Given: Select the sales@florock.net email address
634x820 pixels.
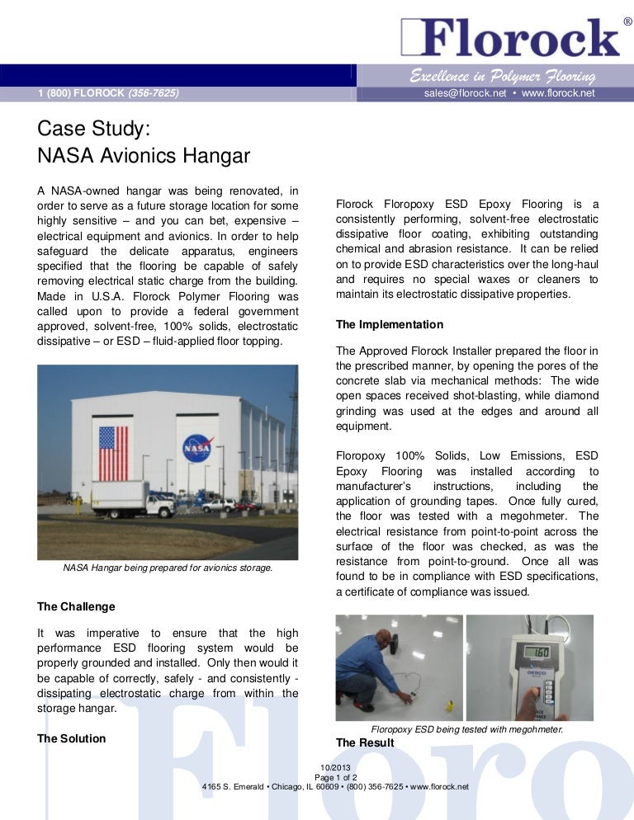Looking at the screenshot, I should point(462,93).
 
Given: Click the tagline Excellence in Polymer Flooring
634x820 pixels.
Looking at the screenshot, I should point(503,77).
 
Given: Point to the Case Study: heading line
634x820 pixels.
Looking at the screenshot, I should point(93,130).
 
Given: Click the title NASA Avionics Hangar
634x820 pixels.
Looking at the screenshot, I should point(144,155).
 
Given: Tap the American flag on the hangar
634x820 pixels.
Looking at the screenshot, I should point(113,453).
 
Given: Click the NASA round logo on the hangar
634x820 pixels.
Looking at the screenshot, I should point(197,449).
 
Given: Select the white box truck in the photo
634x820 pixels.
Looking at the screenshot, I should point(132,500).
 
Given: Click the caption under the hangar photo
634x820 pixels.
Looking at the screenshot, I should point(168,568).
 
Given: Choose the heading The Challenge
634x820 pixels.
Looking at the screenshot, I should point(77,606).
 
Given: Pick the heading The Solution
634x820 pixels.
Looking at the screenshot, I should point(72,738).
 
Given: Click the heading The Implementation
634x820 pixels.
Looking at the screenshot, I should point(390,324).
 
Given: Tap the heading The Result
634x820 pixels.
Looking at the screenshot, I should point(365,742).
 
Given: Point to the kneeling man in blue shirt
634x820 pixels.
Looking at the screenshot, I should point(368,664).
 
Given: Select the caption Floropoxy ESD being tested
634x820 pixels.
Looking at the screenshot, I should point(467,729).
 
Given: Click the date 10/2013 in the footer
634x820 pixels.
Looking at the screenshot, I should point(335,768).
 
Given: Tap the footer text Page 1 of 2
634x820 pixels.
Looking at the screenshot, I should point(335,777).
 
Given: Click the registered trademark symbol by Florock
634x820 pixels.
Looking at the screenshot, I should point(626,18).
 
